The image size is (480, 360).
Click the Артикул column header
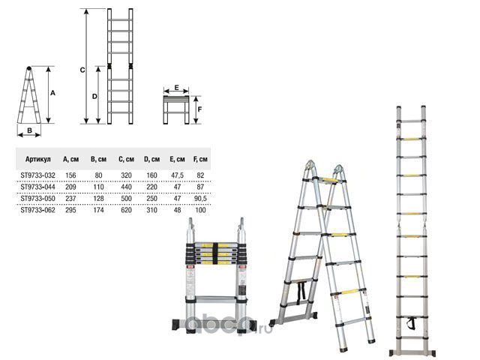click(38, 159)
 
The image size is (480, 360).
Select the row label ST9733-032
click(38, 175)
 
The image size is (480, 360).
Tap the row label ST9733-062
click(38, 210)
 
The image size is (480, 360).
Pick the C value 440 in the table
click(126, 187)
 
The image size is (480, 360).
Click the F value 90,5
click(200, 199)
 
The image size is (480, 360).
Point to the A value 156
click(70, 175)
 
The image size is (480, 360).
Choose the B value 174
click(98, 210)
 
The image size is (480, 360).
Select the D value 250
click(151, 199)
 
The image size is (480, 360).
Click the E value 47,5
click(177, 175)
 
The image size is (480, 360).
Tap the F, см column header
click(200, 159)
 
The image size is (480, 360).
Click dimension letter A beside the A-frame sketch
click(52, 93)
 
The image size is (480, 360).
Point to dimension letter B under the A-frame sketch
click(30, 130)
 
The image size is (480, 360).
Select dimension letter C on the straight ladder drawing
click(82, 70)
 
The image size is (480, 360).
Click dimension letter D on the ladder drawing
click(94, 97)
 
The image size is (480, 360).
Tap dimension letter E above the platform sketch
click(177, 88)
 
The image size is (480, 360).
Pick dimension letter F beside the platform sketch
click(200, 109)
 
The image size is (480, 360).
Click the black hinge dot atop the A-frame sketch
click(28, 68)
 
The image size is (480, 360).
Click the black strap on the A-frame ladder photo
click(301, 291)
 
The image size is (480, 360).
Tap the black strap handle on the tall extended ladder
click(412, 324)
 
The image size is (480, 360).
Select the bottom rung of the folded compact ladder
click(215, 299)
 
